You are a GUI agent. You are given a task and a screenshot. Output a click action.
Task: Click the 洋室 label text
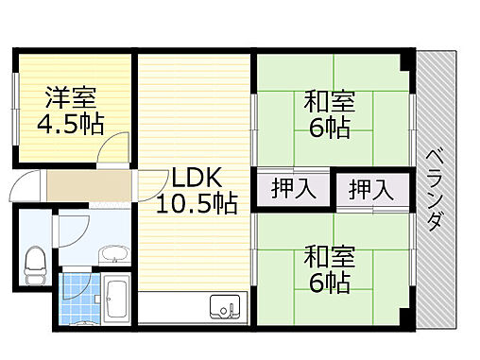[x=72, y=98]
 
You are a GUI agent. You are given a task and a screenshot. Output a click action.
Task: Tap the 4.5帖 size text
[x=71, y=123]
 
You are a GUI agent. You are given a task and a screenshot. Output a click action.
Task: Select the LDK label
[x=196, y=177]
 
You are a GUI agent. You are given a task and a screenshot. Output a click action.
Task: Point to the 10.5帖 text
[x=196, y=201]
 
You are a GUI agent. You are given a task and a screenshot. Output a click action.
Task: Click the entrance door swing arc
[x=27, y=184]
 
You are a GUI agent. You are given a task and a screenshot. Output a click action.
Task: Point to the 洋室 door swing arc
[x=115, y=149]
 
